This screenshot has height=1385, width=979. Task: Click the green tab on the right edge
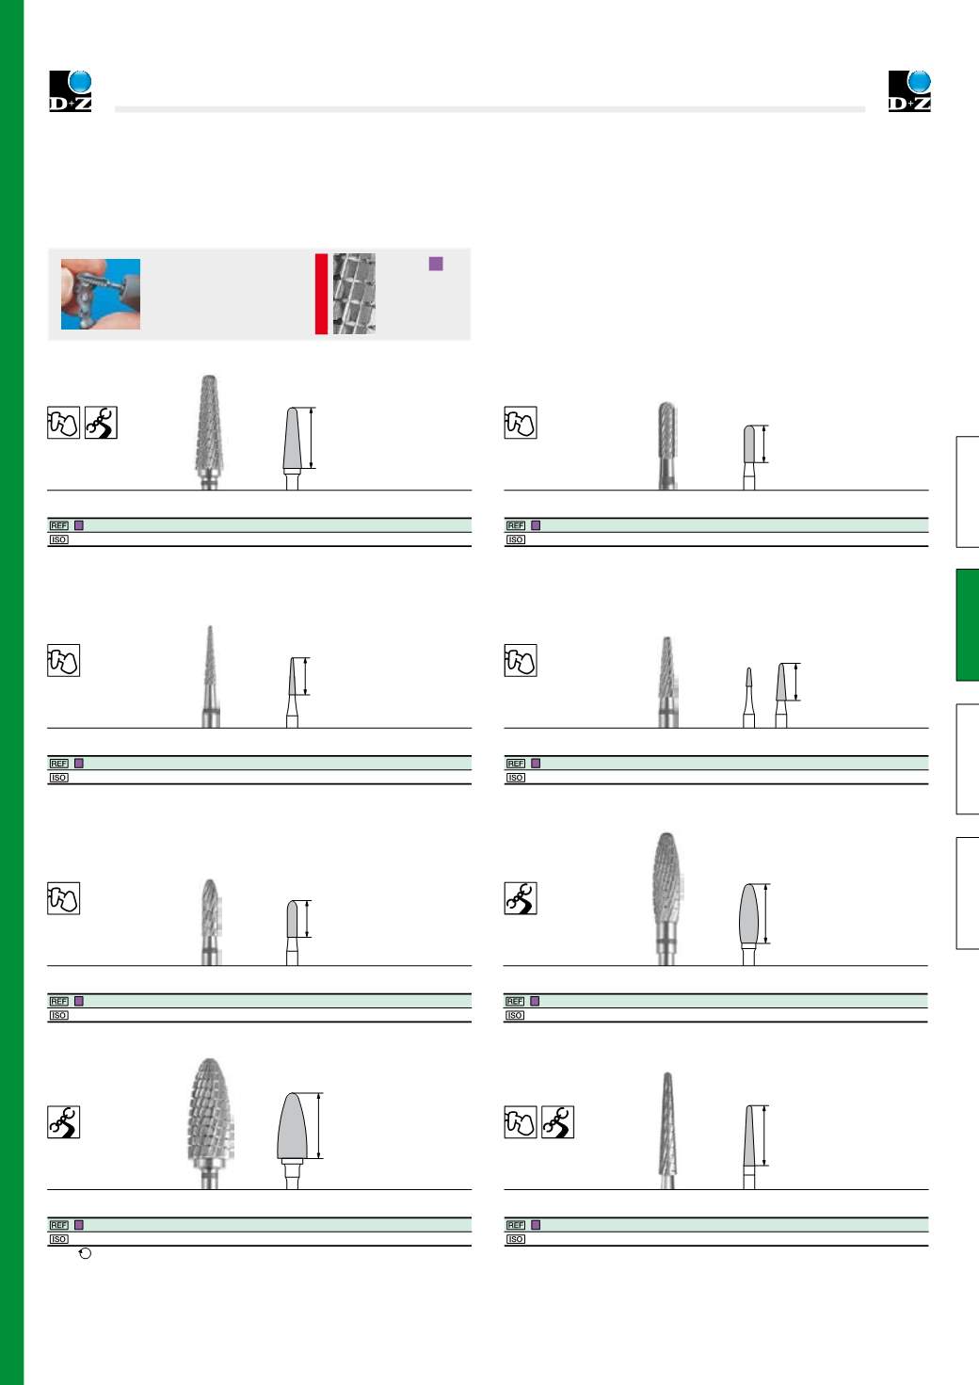coord(968,624)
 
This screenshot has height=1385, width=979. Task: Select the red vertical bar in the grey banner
coord(321,294)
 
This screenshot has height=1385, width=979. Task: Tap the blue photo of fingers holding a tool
coord(101,294)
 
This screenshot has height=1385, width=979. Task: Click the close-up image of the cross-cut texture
coord(354,294)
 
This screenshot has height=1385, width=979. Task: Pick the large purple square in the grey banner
coord(436,264)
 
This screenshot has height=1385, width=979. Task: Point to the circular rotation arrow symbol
coord(86,1253)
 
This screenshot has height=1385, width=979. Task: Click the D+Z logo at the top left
coord(71,91)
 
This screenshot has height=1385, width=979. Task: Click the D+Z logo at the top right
coord(909,91)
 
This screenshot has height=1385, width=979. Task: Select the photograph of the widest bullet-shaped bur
coord(211,1123)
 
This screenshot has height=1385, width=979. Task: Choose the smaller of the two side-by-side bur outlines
coord(749,698)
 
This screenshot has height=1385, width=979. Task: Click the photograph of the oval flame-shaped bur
coord(666,898)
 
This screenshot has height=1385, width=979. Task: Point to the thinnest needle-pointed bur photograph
coord(211,676)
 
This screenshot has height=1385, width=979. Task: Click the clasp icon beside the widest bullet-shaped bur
coord(64,1121)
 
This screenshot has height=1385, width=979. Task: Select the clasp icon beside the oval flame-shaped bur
coord(521,898)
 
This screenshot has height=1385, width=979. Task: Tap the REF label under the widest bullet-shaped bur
coord(58,1225)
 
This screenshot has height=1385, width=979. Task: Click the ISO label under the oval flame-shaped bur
coord(515,1015)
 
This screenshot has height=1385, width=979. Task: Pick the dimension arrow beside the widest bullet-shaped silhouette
coord(319,1125)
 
